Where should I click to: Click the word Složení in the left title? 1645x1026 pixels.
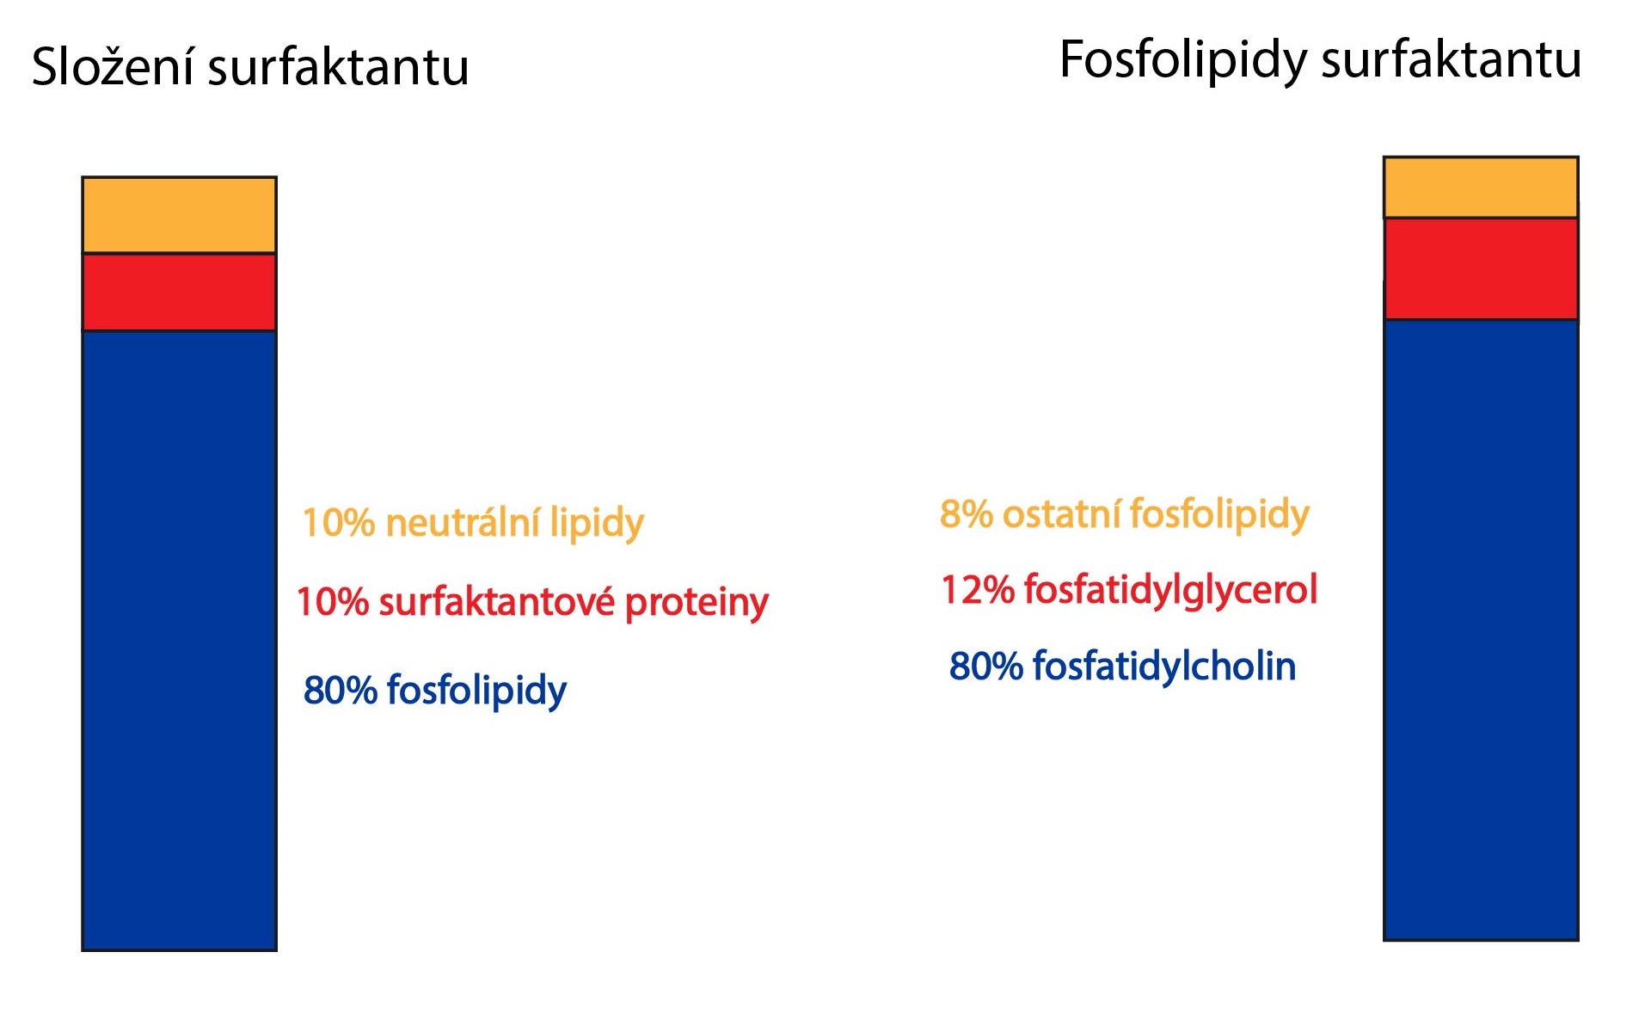pos(114,66)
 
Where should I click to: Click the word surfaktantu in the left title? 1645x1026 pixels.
pos(339,66)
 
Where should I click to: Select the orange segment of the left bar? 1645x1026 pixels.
pos(179,215)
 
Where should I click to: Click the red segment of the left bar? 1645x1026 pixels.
pos(179,292)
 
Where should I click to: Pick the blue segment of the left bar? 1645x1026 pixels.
pos(179,640)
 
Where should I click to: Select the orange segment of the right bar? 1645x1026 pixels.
pos(1481,187)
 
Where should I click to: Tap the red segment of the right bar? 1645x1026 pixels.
pos(1481,269)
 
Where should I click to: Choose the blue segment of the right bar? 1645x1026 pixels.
pos(1481,630)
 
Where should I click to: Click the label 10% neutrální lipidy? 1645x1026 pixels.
pos(473,523)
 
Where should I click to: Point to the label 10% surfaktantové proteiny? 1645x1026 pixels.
pos(532,602)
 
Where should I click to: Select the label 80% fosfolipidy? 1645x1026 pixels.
pos(435,690)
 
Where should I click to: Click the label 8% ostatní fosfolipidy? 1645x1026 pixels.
pos(1125,514)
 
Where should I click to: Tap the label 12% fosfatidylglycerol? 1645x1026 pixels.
pos(1129,590)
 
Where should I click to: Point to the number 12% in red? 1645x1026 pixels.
pos(978,590)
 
